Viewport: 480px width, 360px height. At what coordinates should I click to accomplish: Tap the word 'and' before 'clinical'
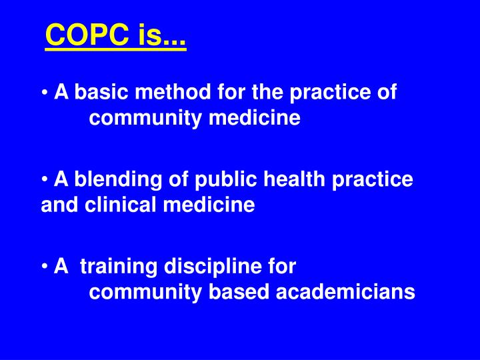tap(56, 205)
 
